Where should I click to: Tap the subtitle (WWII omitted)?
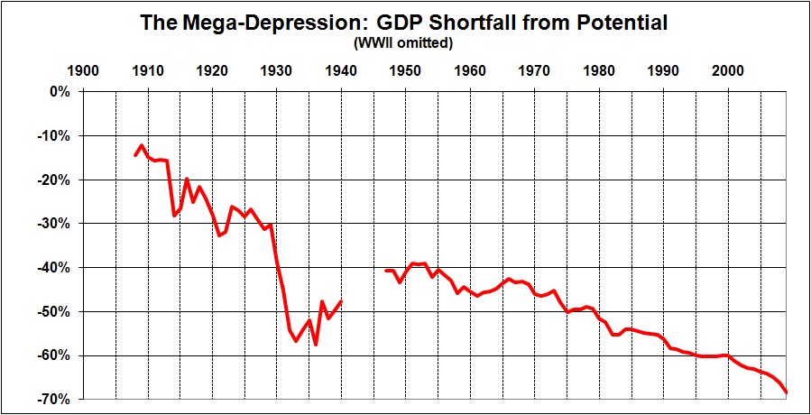(405, 42)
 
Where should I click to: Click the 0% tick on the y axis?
(60, 92)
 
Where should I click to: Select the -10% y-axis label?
(55, 136)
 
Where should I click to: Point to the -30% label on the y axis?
(55, 224)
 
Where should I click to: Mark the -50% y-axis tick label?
(55, 311)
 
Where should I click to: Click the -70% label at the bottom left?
(55, 399)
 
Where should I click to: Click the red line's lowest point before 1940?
(316, 345)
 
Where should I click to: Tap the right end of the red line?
(787, 392)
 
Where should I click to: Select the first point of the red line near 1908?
(135, 155)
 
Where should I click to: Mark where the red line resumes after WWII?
(386, 271)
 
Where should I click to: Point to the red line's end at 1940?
(341, 301)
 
